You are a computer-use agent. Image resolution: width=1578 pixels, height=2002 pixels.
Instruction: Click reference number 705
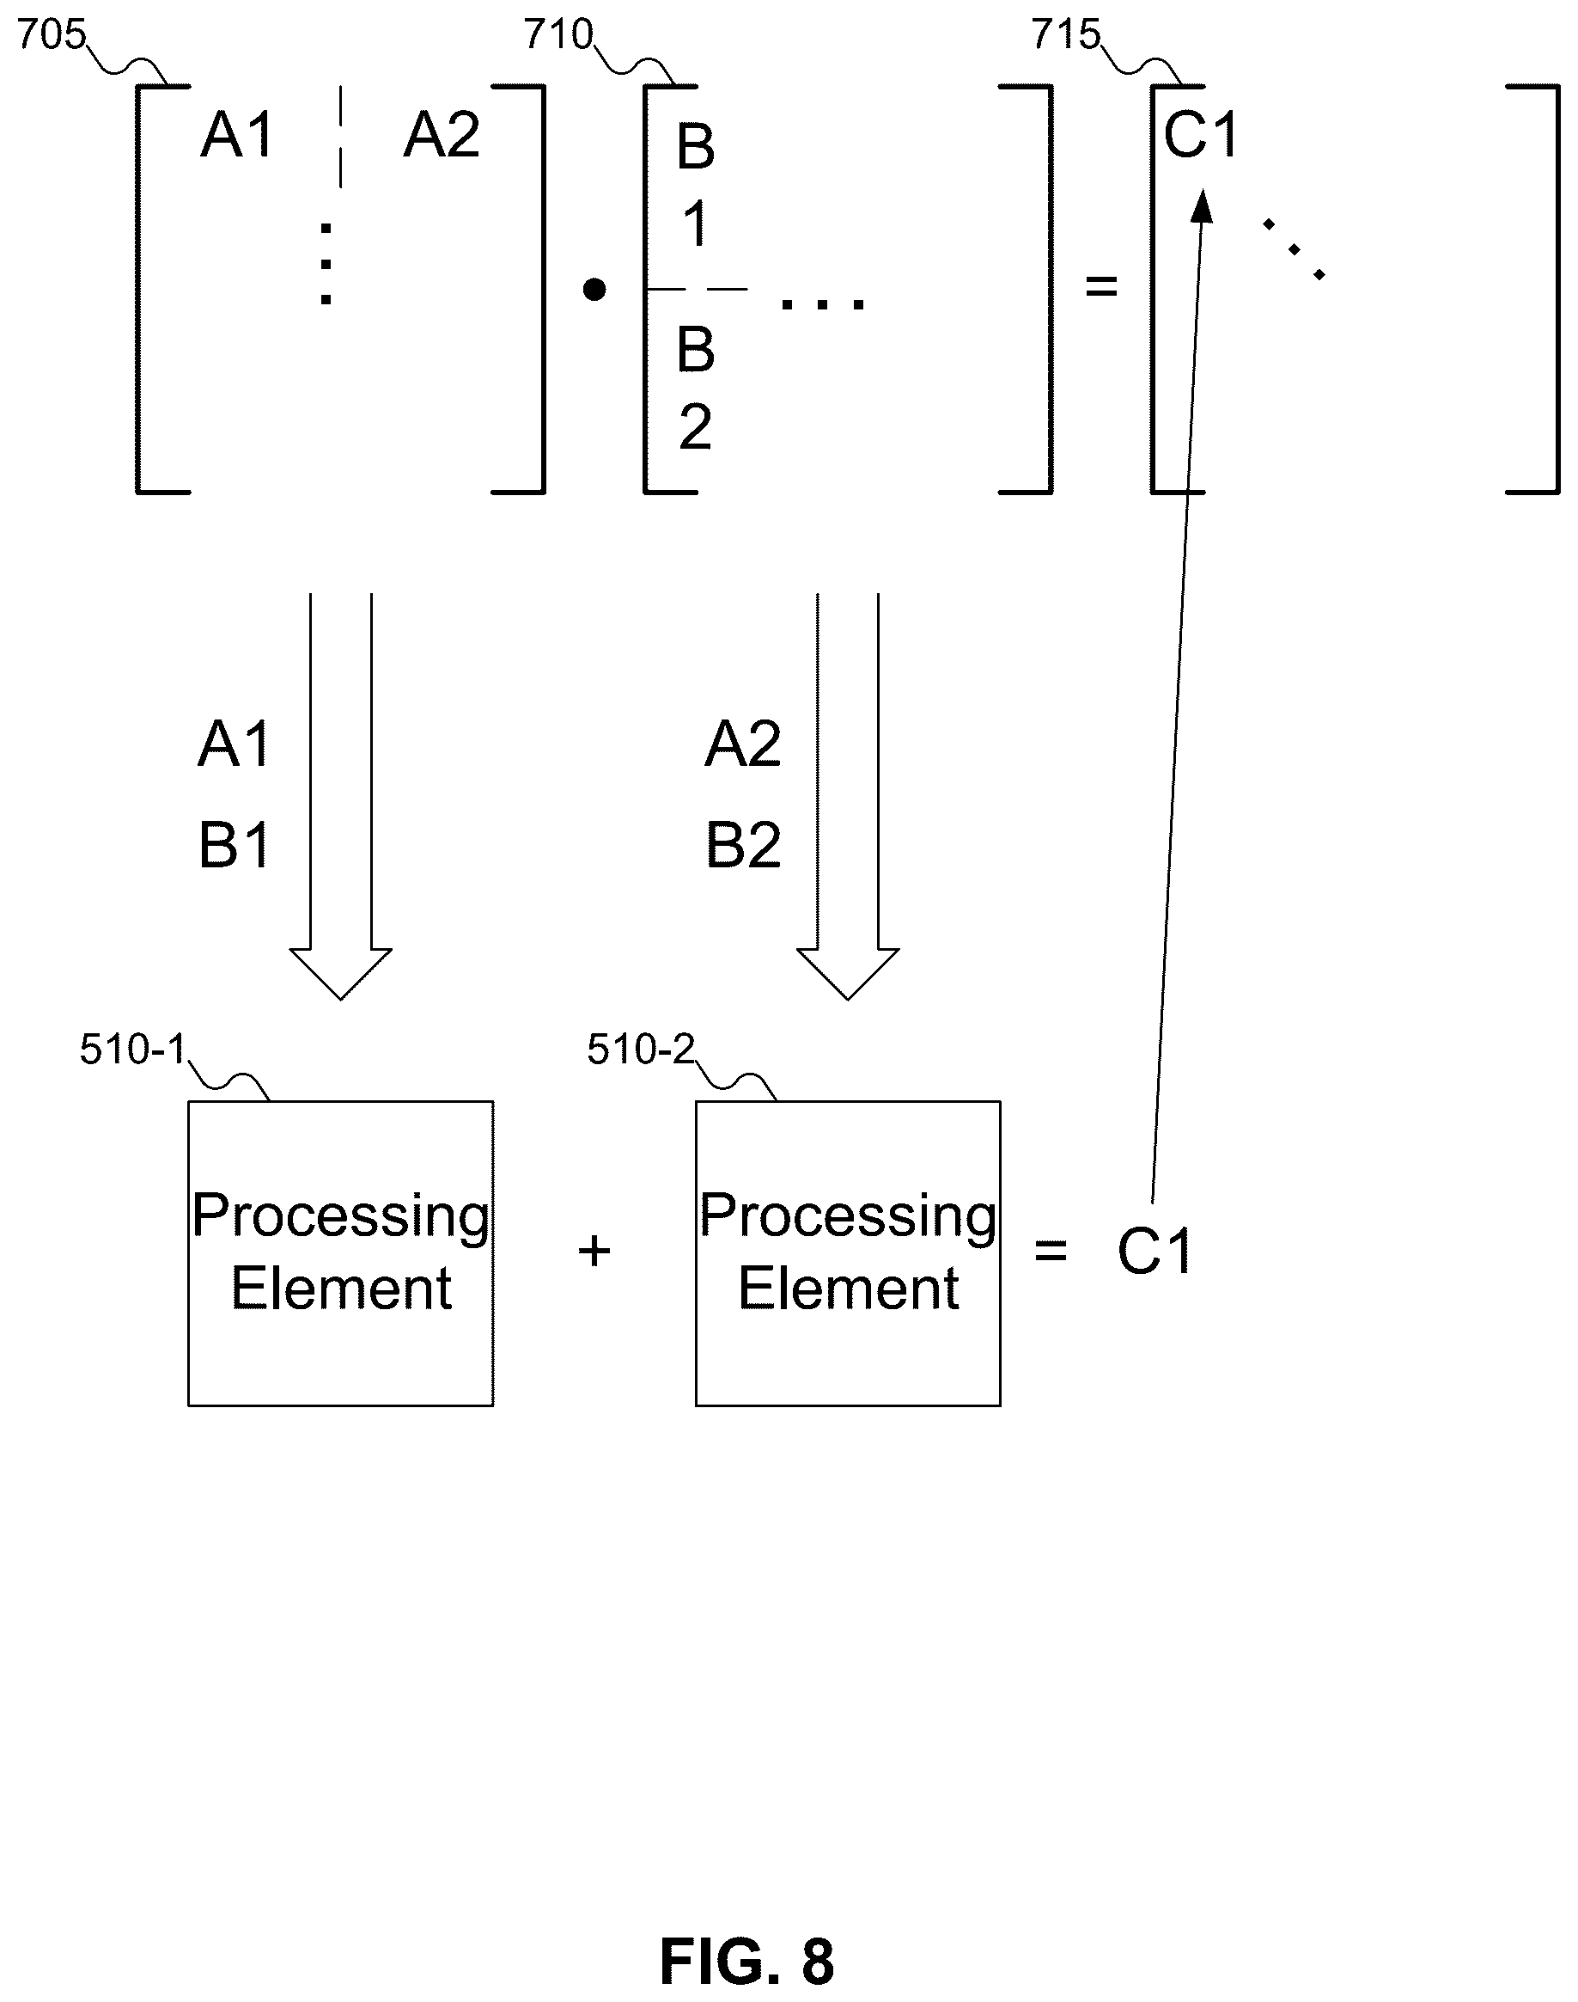(52, 35)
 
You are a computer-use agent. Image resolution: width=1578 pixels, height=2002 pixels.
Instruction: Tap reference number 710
(559, 35)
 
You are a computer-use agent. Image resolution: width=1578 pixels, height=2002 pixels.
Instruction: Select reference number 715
(1066, 35)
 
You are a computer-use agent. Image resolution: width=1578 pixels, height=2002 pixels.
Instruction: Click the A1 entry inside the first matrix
(237, 135)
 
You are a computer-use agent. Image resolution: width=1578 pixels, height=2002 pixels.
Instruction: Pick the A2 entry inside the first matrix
(442, 135)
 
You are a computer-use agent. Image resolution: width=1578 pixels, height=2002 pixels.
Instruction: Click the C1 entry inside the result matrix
(1201, 135)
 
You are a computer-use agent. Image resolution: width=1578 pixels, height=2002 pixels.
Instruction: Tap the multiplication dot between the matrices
(594, 291)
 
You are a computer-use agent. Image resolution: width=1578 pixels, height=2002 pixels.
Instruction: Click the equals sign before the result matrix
(1101, 286)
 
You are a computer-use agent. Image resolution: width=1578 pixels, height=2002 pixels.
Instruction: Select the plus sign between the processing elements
(594, 1252)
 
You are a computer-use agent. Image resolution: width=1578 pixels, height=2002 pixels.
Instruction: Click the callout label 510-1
(133, 1050)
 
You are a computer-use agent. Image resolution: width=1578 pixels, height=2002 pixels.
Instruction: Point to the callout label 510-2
(640, 1050)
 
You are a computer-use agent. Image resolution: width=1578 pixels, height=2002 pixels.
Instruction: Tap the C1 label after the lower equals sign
(1155, 1252)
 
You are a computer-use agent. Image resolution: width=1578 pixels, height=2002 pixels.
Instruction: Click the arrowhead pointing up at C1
(1202, 205)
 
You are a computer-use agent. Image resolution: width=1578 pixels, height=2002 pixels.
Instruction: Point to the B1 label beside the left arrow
(235, 845)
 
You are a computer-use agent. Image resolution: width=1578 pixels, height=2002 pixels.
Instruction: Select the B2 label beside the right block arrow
(743, 845)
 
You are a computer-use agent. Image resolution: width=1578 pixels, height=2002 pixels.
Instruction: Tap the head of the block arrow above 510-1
(341, 974)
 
